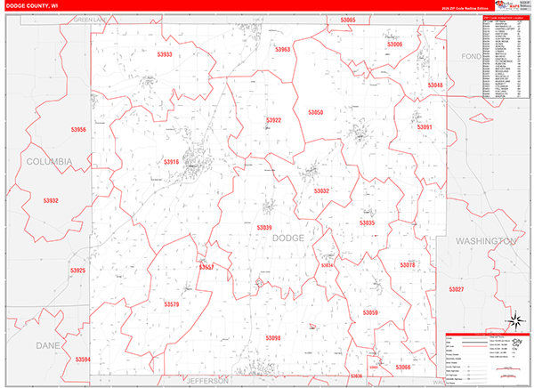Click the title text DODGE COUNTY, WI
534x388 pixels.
(x=33, y=5)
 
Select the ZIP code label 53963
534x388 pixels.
(x=282, y=50)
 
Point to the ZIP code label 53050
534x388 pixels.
(x=316, y=112)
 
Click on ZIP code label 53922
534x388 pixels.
(x=273, y=120)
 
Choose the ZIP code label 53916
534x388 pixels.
(x=171, y=162)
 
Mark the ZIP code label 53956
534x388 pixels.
(x=78, y=130)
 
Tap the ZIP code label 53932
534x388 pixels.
(x=51, y=201)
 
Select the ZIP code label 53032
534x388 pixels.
(x=321, y=190)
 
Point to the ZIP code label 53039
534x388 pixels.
(x=263, y=229)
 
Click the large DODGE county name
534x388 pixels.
(x=287, y=238)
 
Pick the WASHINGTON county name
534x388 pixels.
(x=485, y=241)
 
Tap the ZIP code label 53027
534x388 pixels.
(x=457, y=289)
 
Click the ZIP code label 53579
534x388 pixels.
(x=172, y=304)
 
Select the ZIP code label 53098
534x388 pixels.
(x=272, y=338)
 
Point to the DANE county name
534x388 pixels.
(x=45, y=344)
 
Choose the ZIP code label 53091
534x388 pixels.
(x=425, y=127)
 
